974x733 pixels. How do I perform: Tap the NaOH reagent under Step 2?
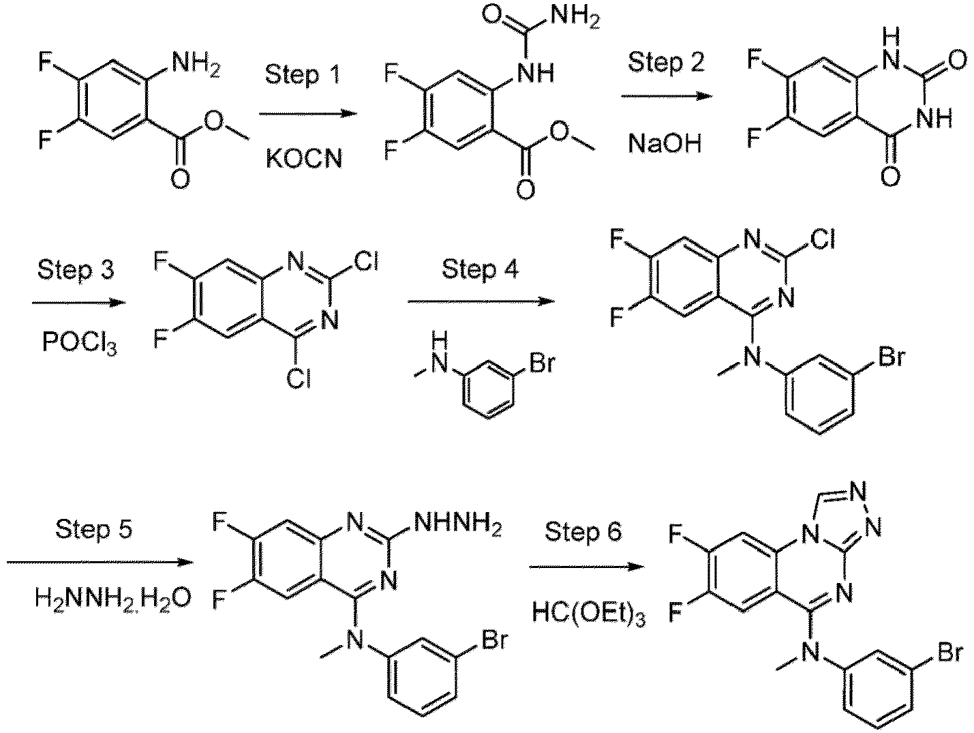click(x=665, y=144)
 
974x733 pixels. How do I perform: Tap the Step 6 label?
click(x=583, y=531)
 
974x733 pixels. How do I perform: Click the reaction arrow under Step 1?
click(x=309, y=114)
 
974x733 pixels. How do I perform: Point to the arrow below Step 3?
click(x=78, y=301)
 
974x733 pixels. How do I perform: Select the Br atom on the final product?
click(x=948, y=653)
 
